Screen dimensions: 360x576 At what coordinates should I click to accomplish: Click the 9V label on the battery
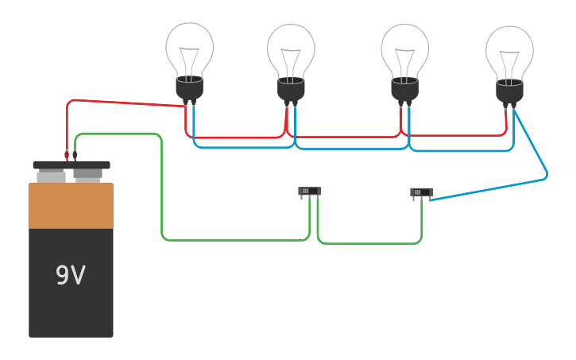point(70,275)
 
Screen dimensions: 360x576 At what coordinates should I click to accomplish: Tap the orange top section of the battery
point(71,206)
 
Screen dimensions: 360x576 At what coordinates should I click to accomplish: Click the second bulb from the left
point(291,49)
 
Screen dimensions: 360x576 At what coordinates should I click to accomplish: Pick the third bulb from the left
point(404,49)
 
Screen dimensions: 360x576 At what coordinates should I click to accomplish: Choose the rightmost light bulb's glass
point(509,51)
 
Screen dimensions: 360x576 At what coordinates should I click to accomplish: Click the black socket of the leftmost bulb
point(189,88)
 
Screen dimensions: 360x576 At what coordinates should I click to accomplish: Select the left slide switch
point(310,192)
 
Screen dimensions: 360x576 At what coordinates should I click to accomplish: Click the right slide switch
point(421,192)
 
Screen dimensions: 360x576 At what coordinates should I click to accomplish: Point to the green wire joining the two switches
point(369,243)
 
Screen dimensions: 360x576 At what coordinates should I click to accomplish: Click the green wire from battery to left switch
point(162,191)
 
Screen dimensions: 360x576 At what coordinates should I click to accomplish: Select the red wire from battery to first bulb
point(127,103)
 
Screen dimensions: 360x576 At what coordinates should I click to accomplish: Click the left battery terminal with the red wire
point(52,174)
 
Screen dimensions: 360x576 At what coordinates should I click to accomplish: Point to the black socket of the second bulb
point(291,90)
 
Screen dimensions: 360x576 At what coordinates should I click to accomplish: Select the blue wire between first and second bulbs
point(242,147)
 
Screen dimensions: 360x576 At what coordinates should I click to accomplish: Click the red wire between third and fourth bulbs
point(457,135)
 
